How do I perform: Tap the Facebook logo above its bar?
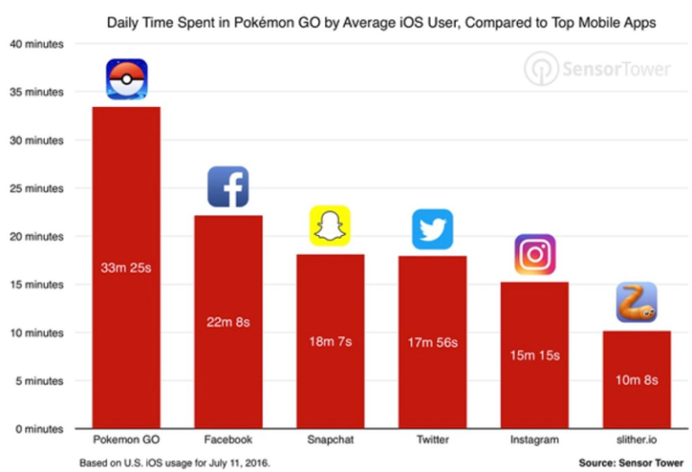[x=228, y=186]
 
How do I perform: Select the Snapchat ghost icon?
[x=330, y=226]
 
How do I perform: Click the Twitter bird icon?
[x=432, y=229]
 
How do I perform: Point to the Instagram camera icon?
[x=534, y=254]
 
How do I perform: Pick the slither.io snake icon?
[x=636, y=303]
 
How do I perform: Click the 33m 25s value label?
[x=126, y=267]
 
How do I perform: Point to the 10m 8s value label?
[x=636, y=380]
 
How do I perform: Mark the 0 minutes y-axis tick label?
[x=36, y=429]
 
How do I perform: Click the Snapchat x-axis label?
[x=330, y=440]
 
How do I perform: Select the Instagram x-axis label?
[x=534, y=440]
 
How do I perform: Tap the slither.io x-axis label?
[x=636, y=440]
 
